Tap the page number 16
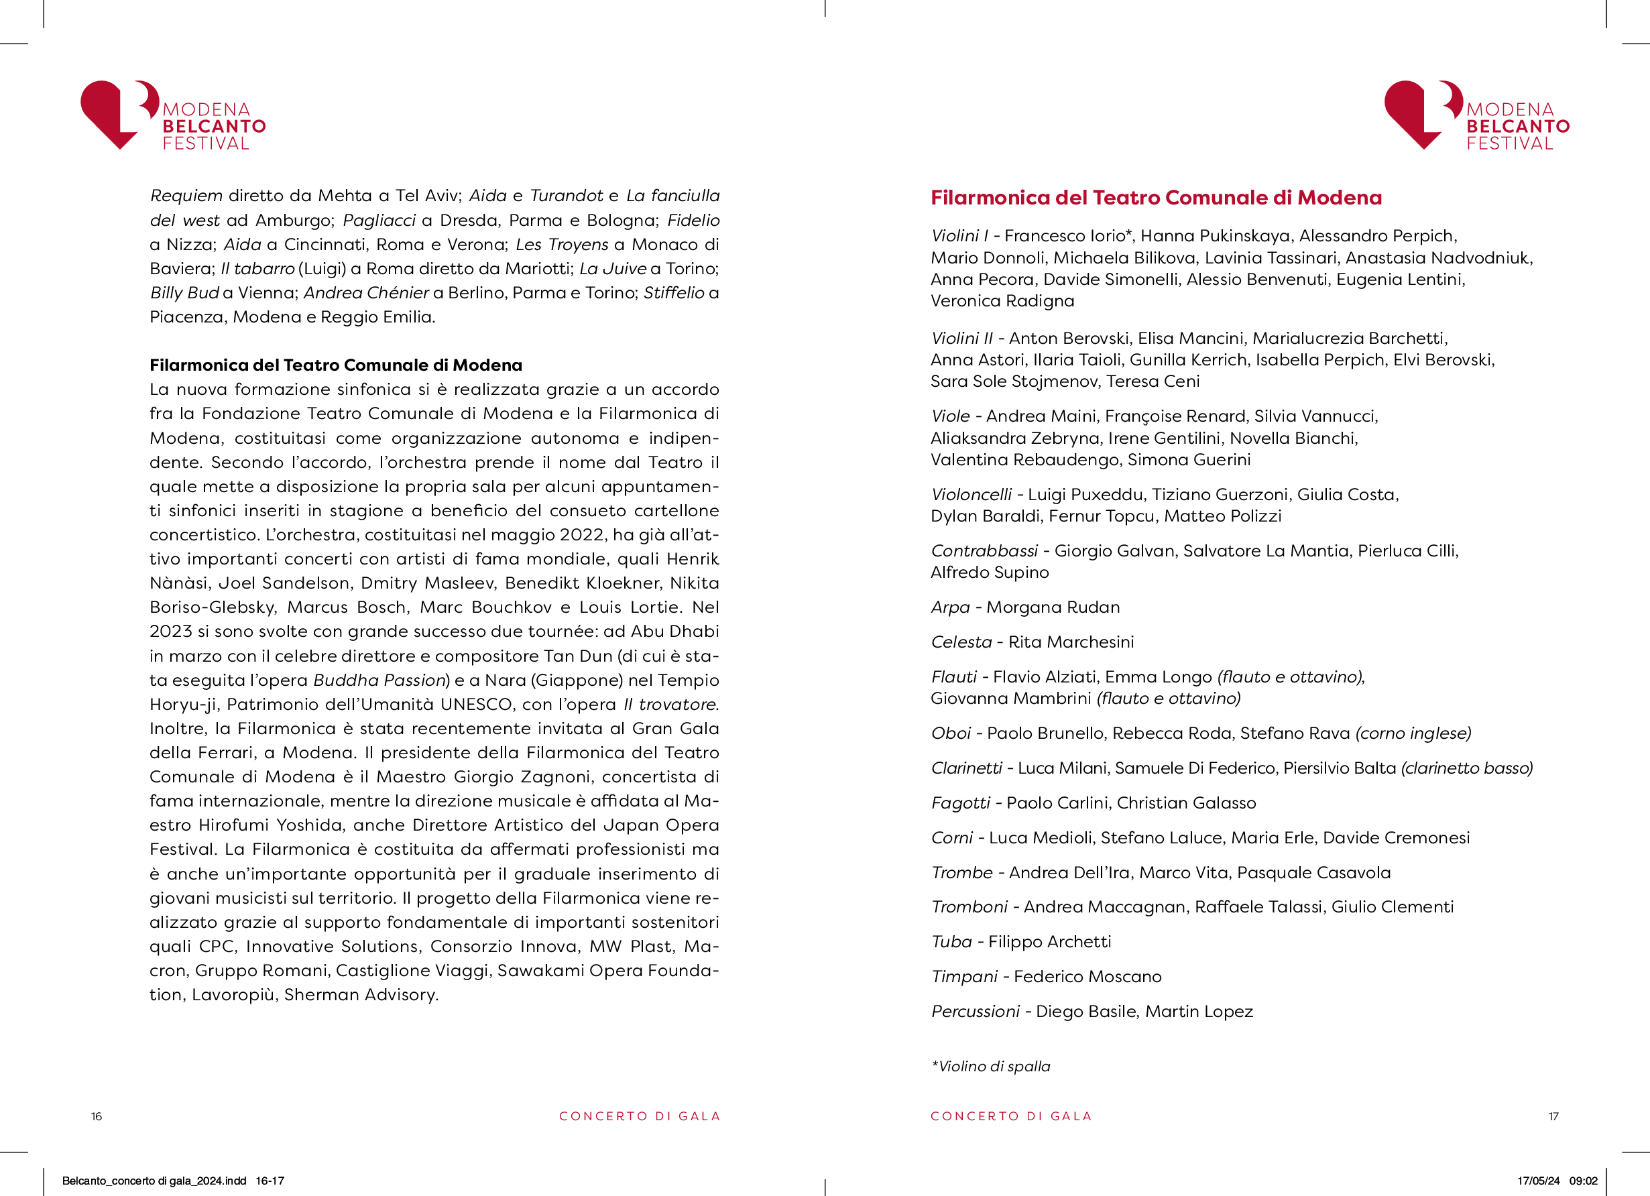tap(96, 1116)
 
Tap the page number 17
tap(1553, 1116)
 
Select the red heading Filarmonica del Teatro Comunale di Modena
tap(1156, 198)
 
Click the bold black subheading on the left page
tap(335, 365)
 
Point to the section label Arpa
tap(950, 607)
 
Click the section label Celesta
tap(961, 642)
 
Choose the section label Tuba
tap(951, 942)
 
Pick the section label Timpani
tap(964, 977)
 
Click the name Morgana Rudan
tap(1053, 607)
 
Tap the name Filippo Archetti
tap(1049, 942)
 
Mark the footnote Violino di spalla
tap(991, 1067)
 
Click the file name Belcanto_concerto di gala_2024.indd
tap(154, 1181)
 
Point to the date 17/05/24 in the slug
tap(1538, 1181)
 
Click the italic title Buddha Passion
tap(379, 680)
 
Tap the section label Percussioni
tap(975, 1012)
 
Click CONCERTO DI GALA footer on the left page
tap(640, 1116)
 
